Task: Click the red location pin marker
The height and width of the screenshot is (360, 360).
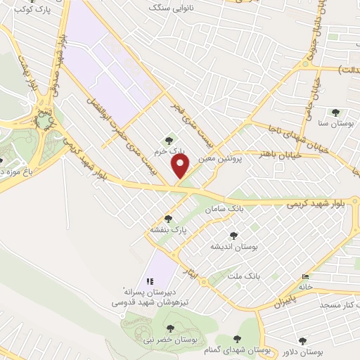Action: point(181,166)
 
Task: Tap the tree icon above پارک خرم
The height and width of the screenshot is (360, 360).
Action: point(167,139)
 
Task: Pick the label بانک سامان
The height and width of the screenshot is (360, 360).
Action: point(224,210)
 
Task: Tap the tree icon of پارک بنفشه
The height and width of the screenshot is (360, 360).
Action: point(167,218)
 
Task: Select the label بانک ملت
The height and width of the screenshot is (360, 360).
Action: point(244,275)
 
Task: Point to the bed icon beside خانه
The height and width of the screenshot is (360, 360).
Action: point(304,276)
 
